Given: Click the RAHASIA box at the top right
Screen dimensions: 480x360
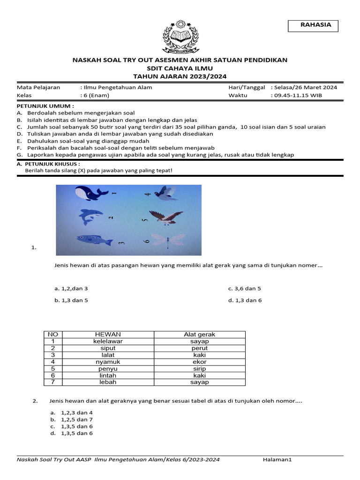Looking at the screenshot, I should pyautogui.click(x=316, y=25).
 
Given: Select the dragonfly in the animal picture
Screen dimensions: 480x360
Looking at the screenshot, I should pyautogui.click(x=166, y=241).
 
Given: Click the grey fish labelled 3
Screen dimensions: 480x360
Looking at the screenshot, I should pyautogui.click(x=94, y=240).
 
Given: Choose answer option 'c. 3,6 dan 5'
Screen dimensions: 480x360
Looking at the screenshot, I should pyautogui.click(x=244, y=289).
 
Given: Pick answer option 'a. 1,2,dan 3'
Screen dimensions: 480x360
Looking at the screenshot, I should pyautogui.click(x=71, y=289).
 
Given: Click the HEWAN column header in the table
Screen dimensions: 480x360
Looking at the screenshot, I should pyautogui.click(x=108, y=334).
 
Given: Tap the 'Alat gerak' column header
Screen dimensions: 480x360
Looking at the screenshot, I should pyautogui.click(x=199, y=334).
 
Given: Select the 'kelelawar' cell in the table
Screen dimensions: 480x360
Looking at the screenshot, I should pyautogui.click(x=108, y=341).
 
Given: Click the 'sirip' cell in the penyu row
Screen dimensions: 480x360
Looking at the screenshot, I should pyautogui.click(x=199, y=368).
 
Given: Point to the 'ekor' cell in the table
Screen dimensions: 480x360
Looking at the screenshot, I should pyautogui.click(x=199, y=362).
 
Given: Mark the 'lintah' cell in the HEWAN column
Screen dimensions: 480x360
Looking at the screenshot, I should pyautogui.click(x=108, y=375).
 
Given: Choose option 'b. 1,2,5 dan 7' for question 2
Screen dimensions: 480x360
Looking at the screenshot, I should pyautogui.click(x=72, y=420).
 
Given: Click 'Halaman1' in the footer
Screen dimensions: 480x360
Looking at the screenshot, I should pyautogui.click(x=277, y=460).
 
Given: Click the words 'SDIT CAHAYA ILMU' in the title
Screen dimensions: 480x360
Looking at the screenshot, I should pyautogui.click(x=180, y=68).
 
